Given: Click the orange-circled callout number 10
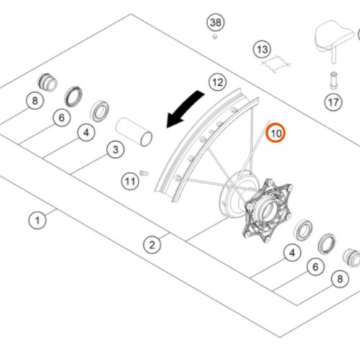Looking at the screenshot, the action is coord(275,132).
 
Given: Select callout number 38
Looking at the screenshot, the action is coord(215,22).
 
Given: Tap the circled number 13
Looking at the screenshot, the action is coord(262,50).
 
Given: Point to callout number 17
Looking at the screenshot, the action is coord(333,102).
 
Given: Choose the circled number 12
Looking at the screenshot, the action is coord(218,82).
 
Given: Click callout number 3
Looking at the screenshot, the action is coord(115,150).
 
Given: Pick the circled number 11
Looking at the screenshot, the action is coord(130,181).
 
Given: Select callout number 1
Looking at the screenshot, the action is coord(37,220).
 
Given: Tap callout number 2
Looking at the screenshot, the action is coord(152,245).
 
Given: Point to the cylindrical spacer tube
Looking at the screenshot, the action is coord(134,132).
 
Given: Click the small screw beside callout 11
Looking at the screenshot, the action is coord(144,173).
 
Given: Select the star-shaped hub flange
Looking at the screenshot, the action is coord(268,210).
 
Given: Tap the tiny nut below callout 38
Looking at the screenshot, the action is coord(215,37).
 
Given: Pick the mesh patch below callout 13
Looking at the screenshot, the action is coord(276,63).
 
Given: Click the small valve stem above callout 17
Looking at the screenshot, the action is coord(333,81).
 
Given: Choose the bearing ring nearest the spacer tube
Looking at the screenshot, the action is coord(99,111).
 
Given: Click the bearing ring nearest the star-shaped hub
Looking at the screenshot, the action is coord(303,230).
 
